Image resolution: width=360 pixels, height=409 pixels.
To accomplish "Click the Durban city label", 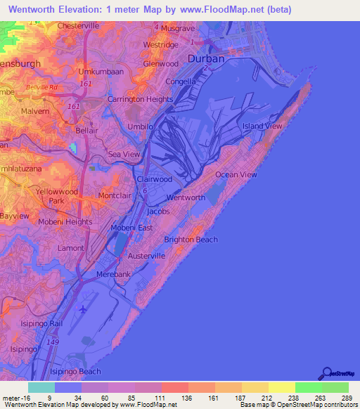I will tap(206, 59).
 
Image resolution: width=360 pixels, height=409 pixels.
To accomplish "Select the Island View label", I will tap(262, 126).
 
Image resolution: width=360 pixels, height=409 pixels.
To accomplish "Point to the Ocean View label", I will tap(236, 174).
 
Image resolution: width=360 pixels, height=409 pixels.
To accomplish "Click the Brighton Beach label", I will tap(191, 239).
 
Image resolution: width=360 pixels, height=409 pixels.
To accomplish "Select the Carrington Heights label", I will tap(140, 100).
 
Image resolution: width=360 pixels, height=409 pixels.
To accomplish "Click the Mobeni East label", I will tap(132, 228).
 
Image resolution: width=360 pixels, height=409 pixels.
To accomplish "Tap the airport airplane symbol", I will tap(84, 309).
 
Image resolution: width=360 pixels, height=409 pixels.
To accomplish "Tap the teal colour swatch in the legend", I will tap(41, 387).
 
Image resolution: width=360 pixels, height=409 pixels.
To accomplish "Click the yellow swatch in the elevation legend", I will tap(281, 387).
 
